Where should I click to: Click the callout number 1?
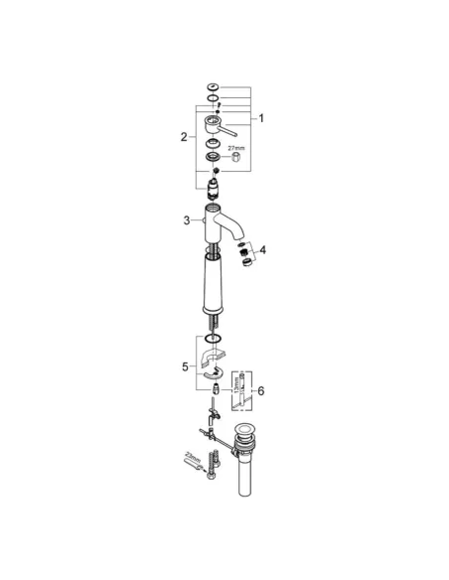(262, 118)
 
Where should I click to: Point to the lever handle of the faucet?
(236, 129)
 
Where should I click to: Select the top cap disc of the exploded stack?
(214, 88)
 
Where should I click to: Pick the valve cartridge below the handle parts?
(214, 179)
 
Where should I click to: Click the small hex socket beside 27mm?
(238, 159)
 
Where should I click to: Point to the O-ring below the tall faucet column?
(213, 341)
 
